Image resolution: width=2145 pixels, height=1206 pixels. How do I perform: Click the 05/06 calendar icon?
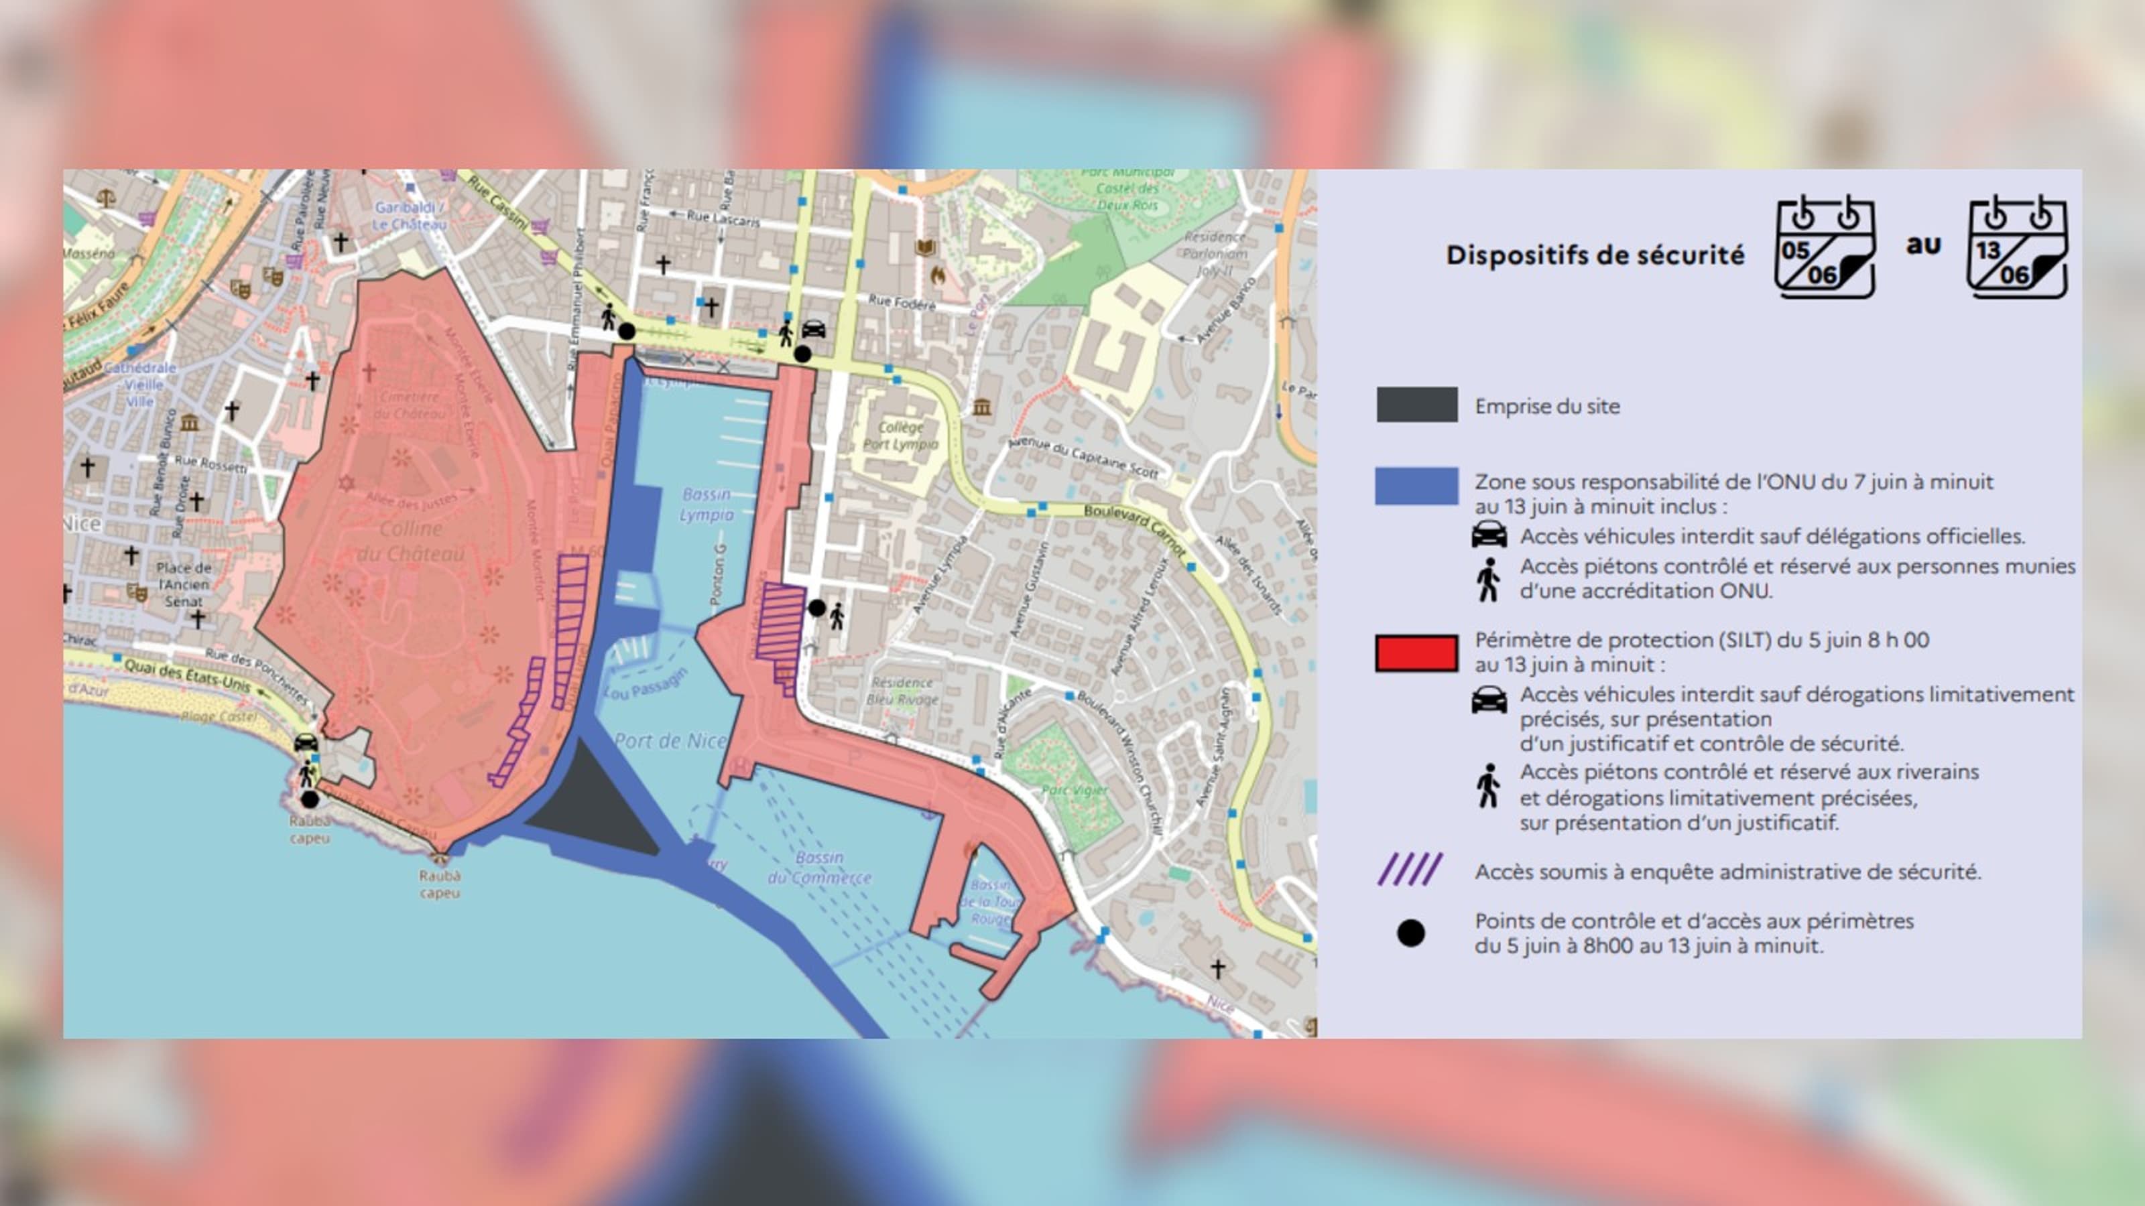pyautogui.click(x=1825, y=247)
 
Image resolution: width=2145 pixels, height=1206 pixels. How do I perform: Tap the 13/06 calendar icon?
pyautogui.click(x=2017, y=247)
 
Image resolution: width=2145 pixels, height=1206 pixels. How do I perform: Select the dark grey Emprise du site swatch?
pyautogui.click(x=1416, y=405)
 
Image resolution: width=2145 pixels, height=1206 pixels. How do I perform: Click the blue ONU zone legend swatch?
pyautogui.click(x=1416, y=486)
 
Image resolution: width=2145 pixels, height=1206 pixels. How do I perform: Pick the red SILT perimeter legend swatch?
pyautogui.click(x=1416, y=653)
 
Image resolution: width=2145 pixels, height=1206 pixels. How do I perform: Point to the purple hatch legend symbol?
pyautogui.click(x=1410, y=870)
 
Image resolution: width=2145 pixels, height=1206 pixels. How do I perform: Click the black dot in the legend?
pyautogui.click(x=1410, y=933)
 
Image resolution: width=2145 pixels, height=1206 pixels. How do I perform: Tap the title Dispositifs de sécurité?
pyautogui.click(x=1595, y=255)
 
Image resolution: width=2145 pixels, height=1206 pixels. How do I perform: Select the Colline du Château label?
pyautogui.click(x=412, y=541)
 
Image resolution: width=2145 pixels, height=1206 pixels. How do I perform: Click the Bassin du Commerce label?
pyautogui.click(x=819, y=867)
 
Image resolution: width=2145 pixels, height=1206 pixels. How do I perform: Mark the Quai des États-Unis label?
pyautogui.click(x=188, y=675)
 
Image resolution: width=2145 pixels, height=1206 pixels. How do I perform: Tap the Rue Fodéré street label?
pyautogui.click(x=902, y=302)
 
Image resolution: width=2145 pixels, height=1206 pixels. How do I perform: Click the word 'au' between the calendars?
pyautogui.click(x=1922, y=245)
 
